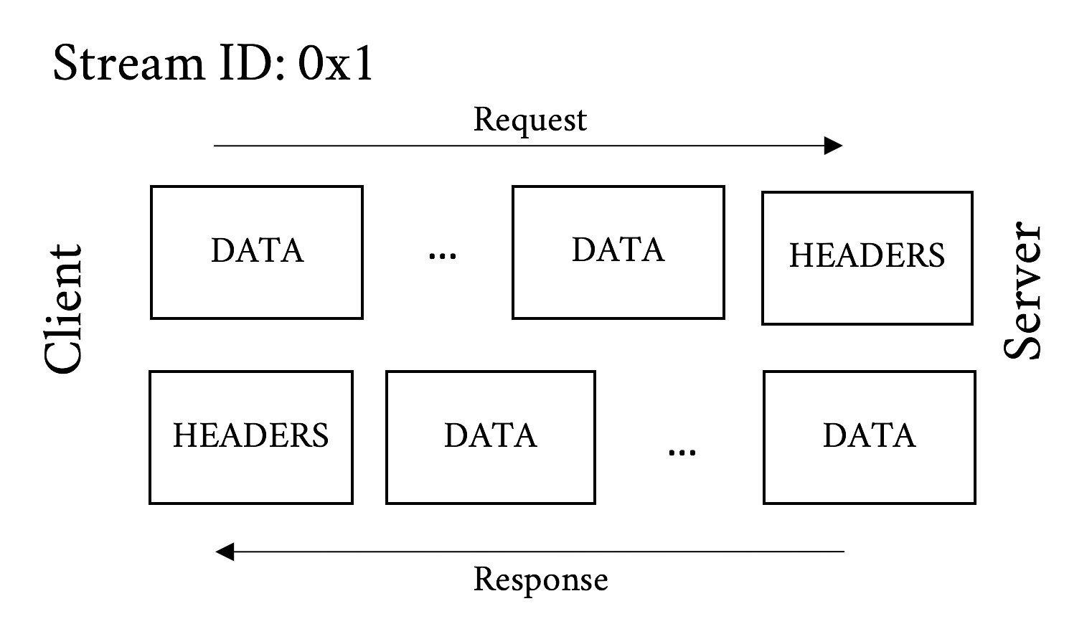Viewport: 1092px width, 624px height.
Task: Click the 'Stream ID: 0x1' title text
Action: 213,63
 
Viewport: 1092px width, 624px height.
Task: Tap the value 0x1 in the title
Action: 336,63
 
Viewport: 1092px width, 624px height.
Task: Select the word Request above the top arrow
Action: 529,120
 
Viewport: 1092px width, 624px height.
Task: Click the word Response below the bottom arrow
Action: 540,580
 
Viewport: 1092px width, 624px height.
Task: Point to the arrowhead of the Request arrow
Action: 834,146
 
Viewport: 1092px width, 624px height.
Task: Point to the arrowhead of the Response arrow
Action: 225,552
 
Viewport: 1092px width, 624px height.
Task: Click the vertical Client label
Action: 64,309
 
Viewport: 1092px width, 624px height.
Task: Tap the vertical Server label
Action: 1022,291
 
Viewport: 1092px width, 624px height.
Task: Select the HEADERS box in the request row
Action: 867,257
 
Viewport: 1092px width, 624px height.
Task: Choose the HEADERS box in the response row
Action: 250,437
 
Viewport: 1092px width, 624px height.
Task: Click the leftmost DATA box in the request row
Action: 256,252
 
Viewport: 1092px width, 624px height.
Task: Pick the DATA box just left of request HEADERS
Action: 618,252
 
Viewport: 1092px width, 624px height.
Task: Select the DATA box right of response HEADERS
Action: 490,437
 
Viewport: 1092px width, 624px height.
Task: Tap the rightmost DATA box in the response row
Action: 869,437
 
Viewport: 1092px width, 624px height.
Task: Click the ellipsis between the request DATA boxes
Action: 442,255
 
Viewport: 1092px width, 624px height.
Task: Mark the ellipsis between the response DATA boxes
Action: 681,452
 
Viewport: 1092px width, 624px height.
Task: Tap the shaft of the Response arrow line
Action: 538,552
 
